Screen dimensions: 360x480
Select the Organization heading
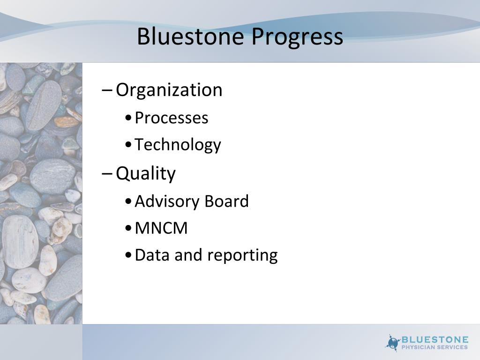pyautogui.click(x=169, y=90)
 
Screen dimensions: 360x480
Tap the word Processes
pyautogui.click(x=171, y=118)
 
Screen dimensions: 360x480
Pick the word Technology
pyautogui.click(x=178, y=145)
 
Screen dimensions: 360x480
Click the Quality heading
pyautogui.click(x=145, y=174)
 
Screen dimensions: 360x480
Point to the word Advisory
pyautogui.click(x=167, y=202)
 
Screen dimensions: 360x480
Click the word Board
pyautogui.click(x=226, y=202)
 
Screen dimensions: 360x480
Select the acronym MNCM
pyautogui.click(x=161, y=228)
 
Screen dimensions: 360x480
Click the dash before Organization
pyautogui.click(x=107, y=90)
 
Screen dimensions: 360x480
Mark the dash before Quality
pyautogui.click(x=107, y=173)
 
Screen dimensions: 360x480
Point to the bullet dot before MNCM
pyautogui.click(x=128, y=229)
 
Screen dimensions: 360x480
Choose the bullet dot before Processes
pyautogui.click(x=128, y=118)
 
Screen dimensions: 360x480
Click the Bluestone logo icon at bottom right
pyautogui.click(x=393, y=343)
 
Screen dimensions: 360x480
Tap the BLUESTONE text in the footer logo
pyautogui.click(x=435, y=339)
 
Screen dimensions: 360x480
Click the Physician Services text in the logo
pyautogui.click(x=435, y=347)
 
